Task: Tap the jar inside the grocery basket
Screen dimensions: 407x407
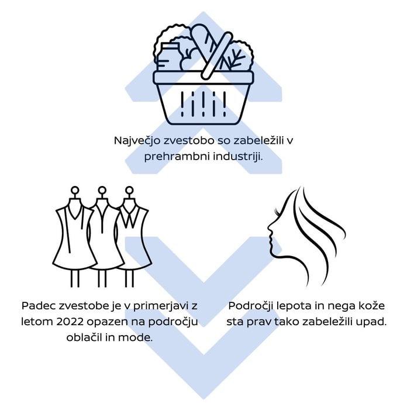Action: pyautogui.click(x=168, y=56)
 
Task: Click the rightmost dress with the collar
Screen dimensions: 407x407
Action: pyautogui.click(x=133, y=234)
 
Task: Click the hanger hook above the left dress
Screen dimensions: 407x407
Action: pyautogui.click(x=74, y=191)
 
